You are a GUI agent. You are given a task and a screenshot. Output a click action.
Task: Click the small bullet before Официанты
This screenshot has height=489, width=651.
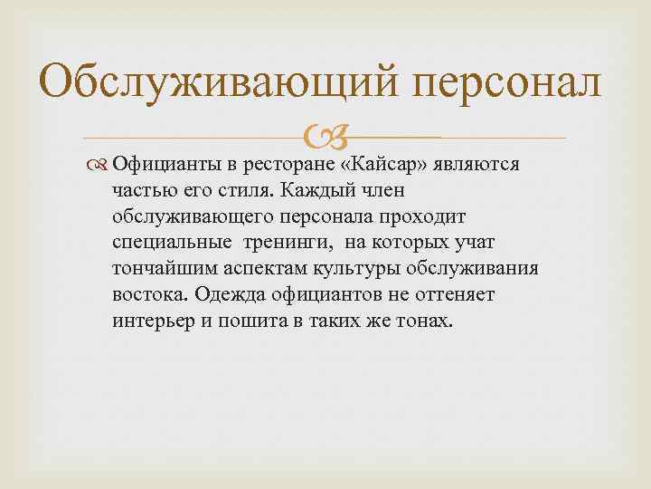click(100, 164)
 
